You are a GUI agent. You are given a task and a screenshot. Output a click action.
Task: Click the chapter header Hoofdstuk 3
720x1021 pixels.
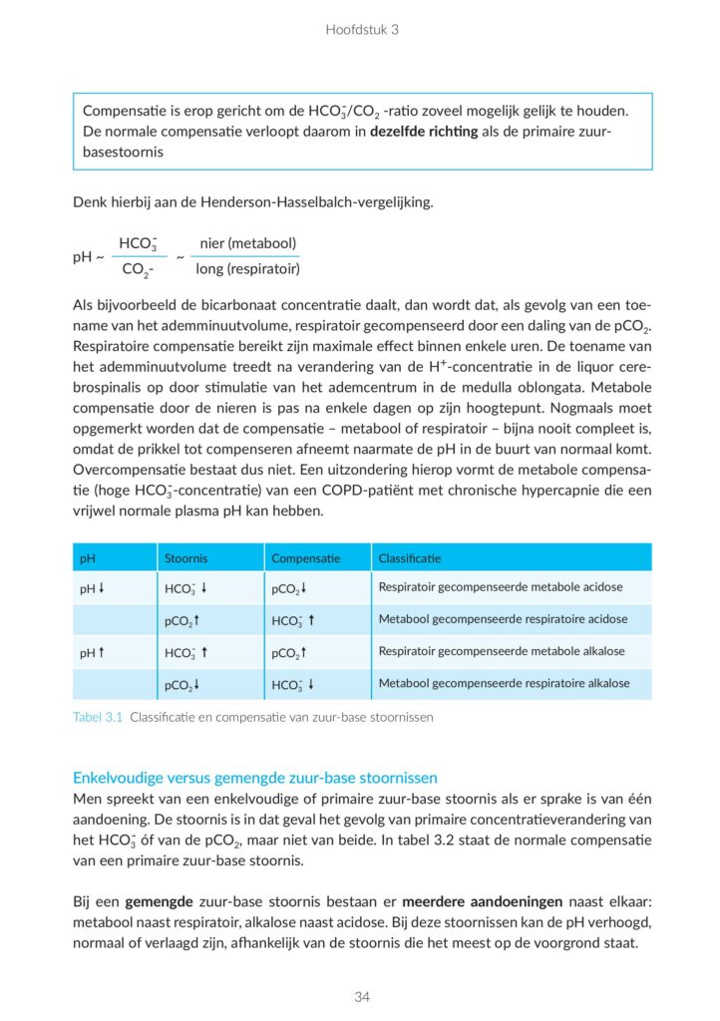361,30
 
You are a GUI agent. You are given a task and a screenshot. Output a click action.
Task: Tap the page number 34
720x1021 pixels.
360,996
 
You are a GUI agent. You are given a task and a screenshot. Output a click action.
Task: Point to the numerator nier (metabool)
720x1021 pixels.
248,243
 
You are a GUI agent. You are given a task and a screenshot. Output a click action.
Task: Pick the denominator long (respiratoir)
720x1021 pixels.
248,269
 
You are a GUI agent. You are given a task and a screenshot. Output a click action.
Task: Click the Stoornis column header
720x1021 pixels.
185,558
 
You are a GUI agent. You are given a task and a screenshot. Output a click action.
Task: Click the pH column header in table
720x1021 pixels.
88,558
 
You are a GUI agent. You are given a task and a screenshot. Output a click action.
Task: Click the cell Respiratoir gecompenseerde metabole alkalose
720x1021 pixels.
501,651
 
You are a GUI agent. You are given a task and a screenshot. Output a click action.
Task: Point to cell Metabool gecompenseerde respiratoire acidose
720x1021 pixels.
503,619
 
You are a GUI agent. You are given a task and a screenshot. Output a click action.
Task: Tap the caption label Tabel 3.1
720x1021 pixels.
98,716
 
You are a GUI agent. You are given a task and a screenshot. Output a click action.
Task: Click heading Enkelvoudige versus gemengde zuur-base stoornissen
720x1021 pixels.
255,778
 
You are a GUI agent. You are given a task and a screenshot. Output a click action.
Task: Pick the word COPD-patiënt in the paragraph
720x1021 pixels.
404,491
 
